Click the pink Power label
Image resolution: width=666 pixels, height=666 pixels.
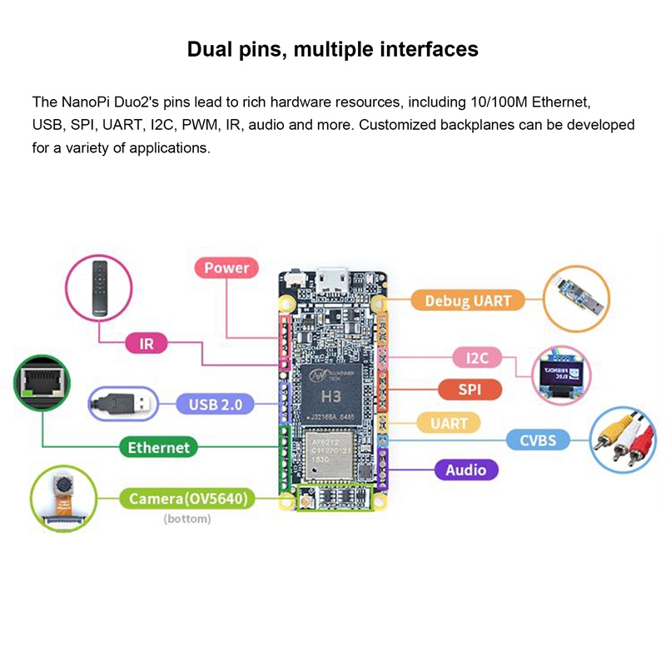pos(226,267)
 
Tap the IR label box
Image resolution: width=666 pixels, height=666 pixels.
pos(147,342)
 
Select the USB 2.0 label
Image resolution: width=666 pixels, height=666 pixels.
pos(215,405)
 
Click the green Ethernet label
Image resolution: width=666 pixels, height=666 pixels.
pos(158,447)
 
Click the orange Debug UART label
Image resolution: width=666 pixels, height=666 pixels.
pos(468,301)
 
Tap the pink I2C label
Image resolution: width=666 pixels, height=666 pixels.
pos(477,358)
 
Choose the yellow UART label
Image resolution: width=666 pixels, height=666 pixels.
pos(449,423)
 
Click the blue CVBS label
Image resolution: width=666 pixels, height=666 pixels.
pos(538,439)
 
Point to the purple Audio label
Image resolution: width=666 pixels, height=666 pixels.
pos(465,470)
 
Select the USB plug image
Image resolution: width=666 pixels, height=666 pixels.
pos(122,404)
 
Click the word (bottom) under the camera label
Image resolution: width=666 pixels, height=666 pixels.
pos(187,519)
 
